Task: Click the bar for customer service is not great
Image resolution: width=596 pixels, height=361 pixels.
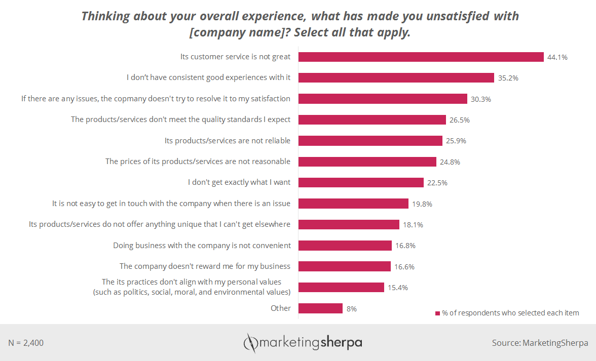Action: pyautogui.click(x=421, y=57)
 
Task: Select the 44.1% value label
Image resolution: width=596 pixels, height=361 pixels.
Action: pyautogui.click(x=557, y=57)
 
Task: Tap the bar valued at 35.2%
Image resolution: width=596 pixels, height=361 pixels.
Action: pyautogui.click(x=396, y=77)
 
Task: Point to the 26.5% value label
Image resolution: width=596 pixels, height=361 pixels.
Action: pyautogui.click(x=459, y=120)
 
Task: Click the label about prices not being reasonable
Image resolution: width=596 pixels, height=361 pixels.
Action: pyautogui.click(x=198, y=162)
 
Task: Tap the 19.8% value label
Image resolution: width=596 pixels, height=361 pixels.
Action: pyautogui.click(x=422, y=204)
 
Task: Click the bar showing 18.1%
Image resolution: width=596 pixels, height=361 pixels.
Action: pyautogui.click(x=349, y=224)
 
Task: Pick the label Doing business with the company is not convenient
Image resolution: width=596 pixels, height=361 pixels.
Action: pyautogui.click(x=202, y=245)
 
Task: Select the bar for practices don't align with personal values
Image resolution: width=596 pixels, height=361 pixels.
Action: pyautogui.click(x=341, y=287)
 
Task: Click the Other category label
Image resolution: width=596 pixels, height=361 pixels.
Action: pyautogui.click(x=281, y=308)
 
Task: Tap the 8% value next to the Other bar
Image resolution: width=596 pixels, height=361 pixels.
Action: pyautogui.click(x=351, y=308)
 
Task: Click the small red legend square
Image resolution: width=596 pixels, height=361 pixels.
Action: pyautogui.click(x=437, y=313)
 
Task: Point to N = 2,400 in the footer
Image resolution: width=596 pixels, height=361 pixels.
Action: pyautogui.click(x=26, y=343)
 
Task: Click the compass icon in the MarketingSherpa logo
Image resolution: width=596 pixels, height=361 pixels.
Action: pyautogui.click(x=250, y=343)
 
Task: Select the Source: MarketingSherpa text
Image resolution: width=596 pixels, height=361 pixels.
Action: pyautogui.click(x=540, y=343)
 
